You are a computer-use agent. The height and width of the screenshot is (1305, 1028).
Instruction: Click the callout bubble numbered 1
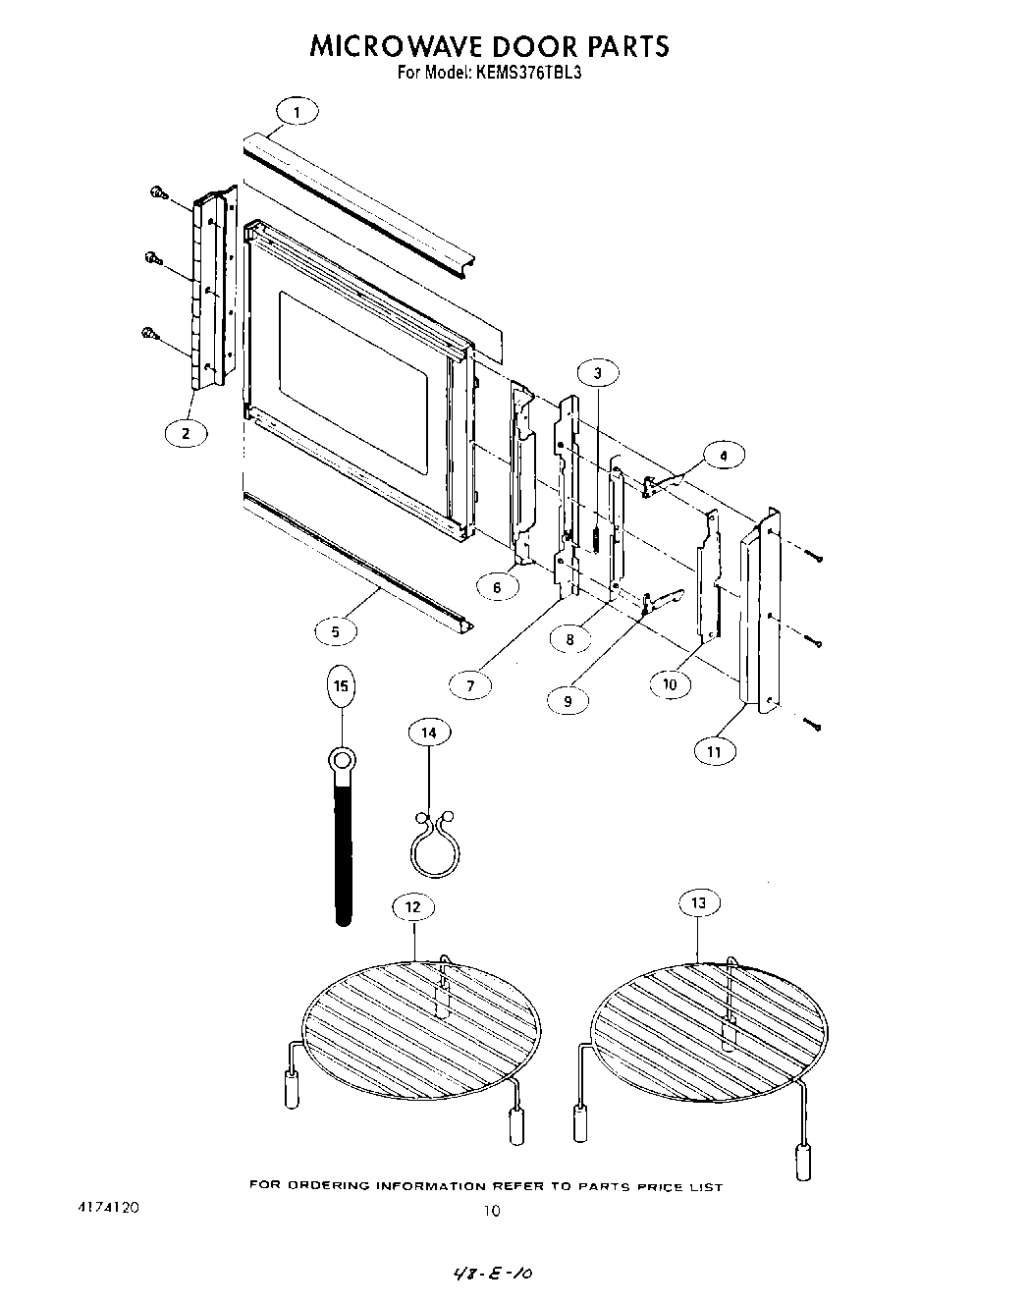[298, 113]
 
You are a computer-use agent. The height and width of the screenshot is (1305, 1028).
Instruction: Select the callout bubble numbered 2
[185, 432]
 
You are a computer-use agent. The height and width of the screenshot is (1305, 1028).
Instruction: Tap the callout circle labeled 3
[598, 372]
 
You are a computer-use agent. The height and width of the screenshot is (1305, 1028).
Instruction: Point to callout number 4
[724, 456]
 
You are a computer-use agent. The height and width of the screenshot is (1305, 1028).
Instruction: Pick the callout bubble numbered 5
[336, 631]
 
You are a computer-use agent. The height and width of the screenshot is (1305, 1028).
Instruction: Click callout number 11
[714, 751]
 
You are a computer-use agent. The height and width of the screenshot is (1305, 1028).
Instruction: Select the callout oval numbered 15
[341, 686]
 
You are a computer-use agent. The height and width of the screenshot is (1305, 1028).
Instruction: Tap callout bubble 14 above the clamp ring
[429, 733]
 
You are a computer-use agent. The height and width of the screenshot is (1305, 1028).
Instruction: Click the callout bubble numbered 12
[413, 906]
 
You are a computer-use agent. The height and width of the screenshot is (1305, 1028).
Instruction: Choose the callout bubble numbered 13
[698, 902]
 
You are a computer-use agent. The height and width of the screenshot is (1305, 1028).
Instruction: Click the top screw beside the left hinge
[156, 193]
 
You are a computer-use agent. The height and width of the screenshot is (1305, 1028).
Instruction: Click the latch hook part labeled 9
[660, 602]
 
